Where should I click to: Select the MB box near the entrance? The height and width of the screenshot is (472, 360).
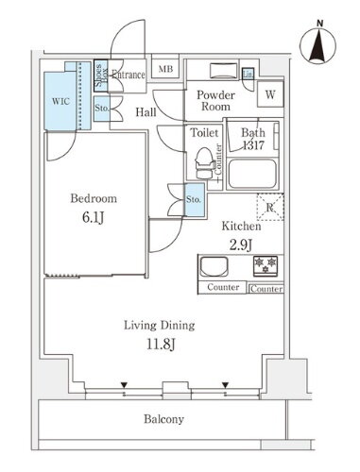pyautogui.click(x=164, y=69)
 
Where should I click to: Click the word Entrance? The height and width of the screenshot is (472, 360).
pyautogui.click(x=129, y=75)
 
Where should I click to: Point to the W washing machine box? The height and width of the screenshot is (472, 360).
pyautogui.click(x=269, y=94)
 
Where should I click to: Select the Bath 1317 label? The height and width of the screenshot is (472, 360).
pyautogui.click(x=253, y=139)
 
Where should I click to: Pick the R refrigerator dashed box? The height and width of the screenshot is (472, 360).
pyautogui.click(x=271, y=208)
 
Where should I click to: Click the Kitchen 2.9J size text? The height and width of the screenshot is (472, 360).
pyautogui.click(x=240, y=244)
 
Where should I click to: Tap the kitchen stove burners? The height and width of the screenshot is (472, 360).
pyautogui.click(x=266, y=265)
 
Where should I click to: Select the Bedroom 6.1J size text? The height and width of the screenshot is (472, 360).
pyautogui.click(x=94, y=215)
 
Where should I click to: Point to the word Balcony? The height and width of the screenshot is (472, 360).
pyautogui.click(x=163, y=419)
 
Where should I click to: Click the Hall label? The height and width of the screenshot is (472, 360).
pyautogui.click(x=146, y=112)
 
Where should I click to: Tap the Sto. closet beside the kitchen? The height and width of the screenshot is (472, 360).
pyautogui.click(x=194, y=200)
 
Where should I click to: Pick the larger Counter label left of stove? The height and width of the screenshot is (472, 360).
pyautogui.click(x=222, y=286)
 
